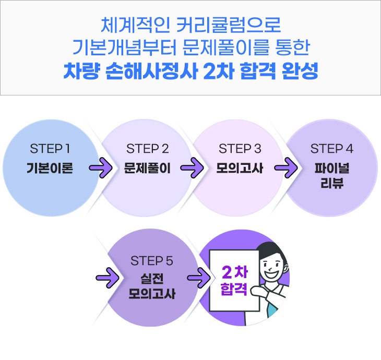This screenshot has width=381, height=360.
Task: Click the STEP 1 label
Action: tap(50, 148)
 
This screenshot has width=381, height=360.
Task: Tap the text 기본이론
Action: tap(50, 168)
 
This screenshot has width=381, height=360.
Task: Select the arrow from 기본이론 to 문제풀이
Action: tap(101, 167)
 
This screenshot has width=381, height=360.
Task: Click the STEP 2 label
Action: tap(148, 148)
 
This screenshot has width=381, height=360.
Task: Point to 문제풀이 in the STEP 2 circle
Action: tap(147, 168)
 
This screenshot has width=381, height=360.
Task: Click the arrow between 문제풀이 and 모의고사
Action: tap(192, 167)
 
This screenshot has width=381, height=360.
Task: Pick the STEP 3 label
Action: tap(240, 148)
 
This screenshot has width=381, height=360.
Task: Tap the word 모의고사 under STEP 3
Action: tap(240, 168)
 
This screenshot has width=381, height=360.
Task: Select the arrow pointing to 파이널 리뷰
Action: tap(286, 167)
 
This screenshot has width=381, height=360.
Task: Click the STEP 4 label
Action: tap(331, 148)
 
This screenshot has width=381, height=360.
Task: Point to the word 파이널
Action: tap(332, 168)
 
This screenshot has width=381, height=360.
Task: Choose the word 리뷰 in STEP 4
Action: tap(332, 183)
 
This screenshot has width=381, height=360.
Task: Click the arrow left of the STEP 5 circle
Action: tap(108, 278)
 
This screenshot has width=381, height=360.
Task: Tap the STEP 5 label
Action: tap(152, 261)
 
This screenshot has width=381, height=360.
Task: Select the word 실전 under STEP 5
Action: tap(152, 279)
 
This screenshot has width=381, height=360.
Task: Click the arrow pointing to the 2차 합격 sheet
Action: tap(199, 278)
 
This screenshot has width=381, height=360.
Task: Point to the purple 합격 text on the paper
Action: tap(234, 289)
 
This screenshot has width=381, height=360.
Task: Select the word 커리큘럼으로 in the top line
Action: tap(229, 25)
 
